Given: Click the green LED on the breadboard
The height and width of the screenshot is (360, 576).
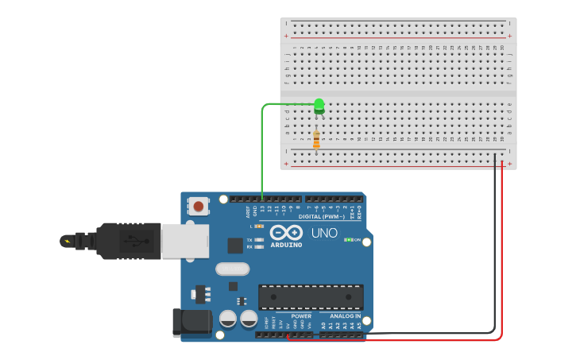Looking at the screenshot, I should (x=319, y=104).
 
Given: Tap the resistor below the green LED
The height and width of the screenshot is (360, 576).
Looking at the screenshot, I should (x=317, y=140).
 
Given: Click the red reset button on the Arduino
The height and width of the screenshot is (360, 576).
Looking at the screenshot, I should (x=198, y=207).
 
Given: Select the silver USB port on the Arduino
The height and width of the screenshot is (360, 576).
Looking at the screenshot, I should (x=186, y=240).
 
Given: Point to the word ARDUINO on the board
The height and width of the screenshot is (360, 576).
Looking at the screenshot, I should (x=286, y=245).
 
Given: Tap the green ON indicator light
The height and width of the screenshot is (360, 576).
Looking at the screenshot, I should (x=348, y=239).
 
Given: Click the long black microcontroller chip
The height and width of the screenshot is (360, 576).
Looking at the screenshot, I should (x=311, y=296).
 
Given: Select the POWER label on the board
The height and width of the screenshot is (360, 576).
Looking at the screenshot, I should (x=301, y=315).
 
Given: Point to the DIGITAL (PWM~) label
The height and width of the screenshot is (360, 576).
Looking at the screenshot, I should (x=323, y=216).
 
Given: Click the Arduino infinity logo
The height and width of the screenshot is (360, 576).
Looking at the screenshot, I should (x=285, y=233).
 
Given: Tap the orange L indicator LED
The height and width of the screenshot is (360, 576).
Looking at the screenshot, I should (x=259, y=226).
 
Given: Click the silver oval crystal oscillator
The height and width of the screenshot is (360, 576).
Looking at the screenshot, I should (x=232, y=269).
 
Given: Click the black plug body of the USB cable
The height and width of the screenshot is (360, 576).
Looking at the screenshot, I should (x=127, y=241).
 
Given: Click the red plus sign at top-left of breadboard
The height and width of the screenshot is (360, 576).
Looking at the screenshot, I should (x=286, y=37).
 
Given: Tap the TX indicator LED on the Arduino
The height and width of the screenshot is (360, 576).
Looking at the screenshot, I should (x=259, y=239).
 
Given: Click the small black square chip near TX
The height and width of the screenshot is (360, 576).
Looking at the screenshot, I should (x=235, y=246).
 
